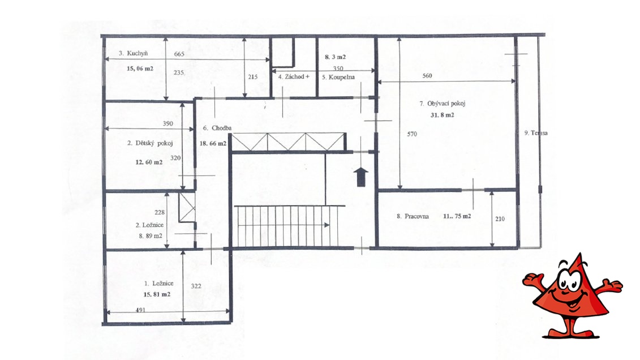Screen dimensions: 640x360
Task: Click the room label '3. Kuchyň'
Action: [133, 53]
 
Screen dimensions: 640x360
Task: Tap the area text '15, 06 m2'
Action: [140, 68]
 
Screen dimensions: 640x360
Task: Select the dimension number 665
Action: [179, 54]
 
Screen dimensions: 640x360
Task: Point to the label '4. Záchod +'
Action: [294, 77]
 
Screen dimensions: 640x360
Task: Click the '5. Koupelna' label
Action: [338, 77]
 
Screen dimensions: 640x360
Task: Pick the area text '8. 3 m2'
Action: [335, 57]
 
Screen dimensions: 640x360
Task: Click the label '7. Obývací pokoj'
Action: [443, 104]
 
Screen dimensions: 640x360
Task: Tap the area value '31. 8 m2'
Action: [443, 115]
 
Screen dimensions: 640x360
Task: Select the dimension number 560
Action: [427, 76]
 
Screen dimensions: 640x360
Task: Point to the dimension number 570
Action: [412, 134]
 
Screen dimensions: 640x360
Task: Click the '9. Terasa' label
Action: [536, 133]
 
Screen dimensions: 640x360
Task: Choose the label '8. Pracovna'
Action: [413, 216]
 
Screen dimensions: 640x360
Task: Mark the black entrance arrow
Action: [361, 177]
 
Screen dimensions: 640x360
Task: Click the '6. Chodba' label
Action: [217, 128]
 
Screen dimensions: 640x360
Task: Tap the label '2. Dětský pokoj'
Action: [150, 143]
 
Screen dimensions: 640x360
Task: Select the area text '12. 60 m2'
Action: [149, 162]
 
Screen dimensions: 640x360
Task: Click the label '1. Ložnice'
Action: [159, 283]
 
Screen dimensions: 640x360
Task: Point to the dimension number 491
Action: [140, 310]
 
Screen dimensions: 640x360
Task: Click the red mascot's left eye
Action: [565, 280]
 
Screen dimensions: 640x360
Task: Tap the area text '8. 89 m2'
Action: [150, 236]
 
